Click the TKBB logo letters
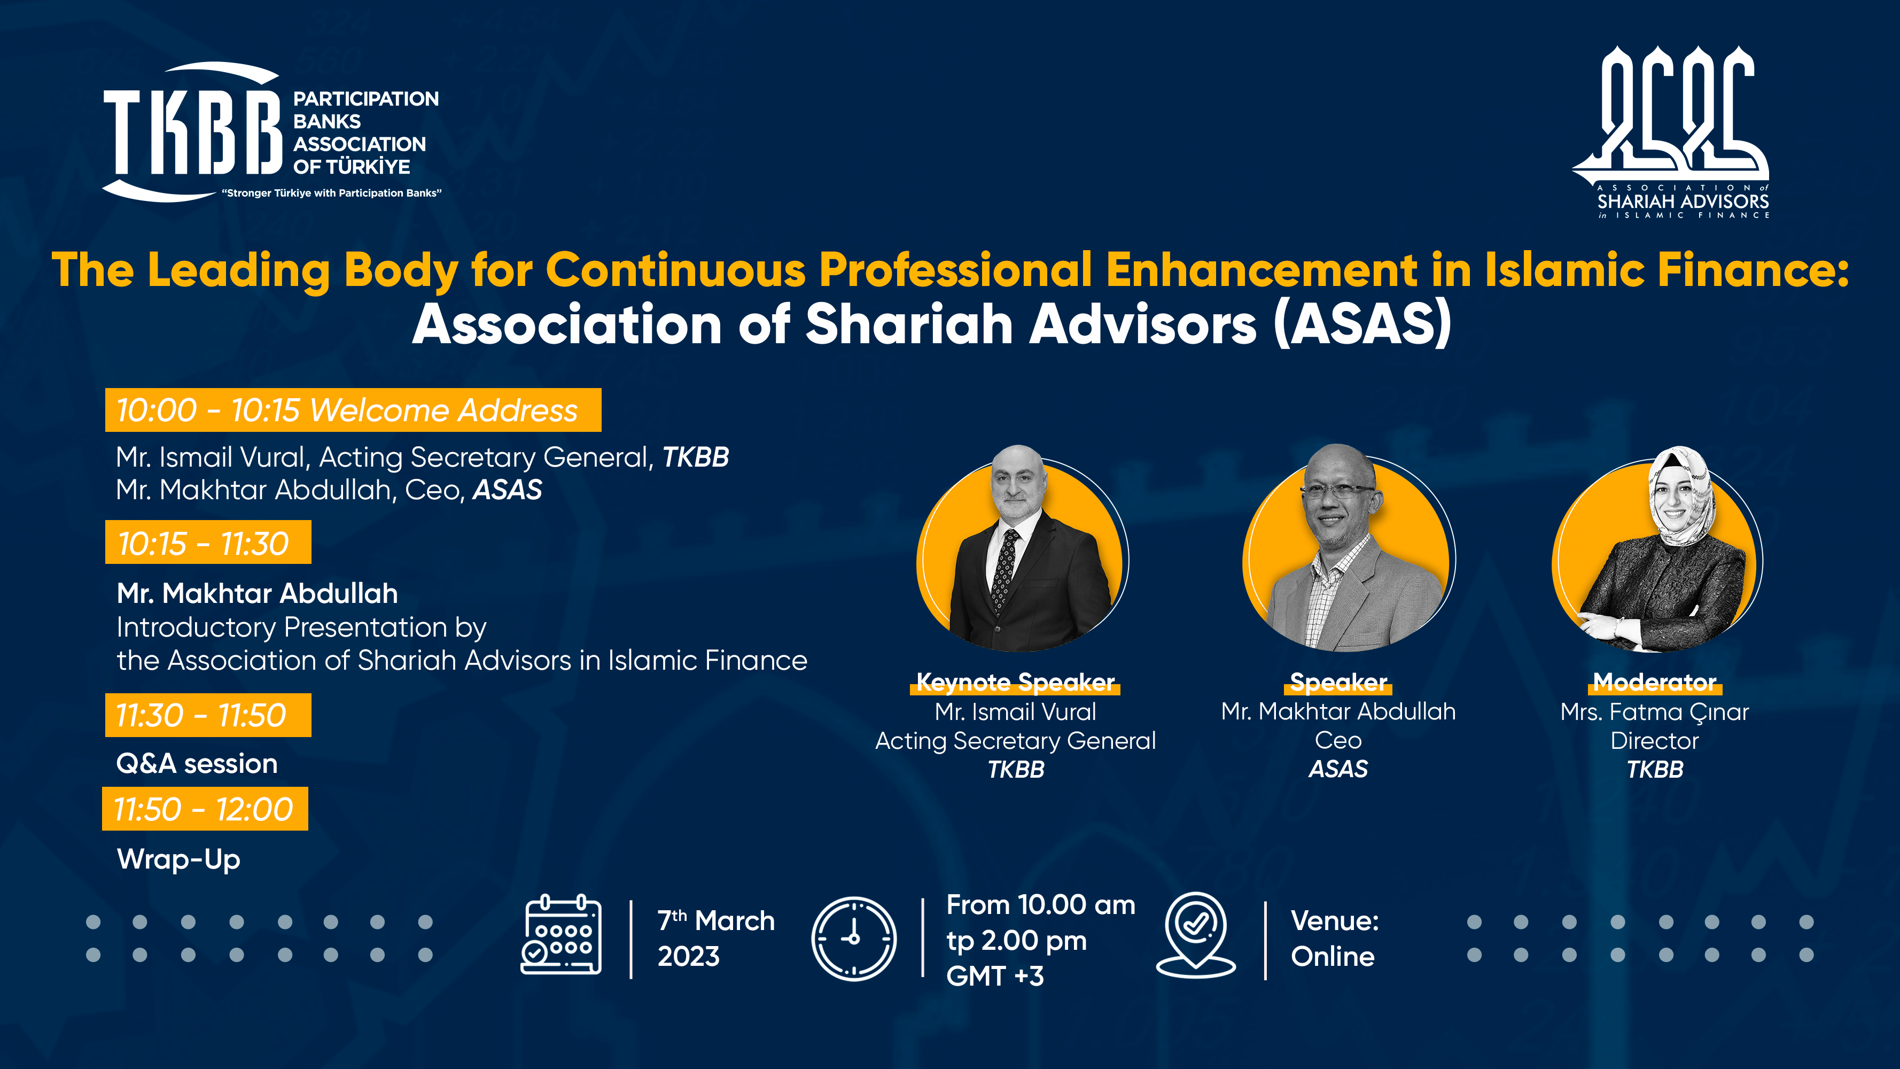tap(193, 131)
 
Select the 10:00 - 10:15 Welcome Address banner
tap(353, 409)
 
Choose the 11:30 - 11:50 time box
tap(208, 715)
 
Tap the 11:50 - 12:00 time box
tap(205, 809)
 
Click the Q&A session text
tap(197, 764)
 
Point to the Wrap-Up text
tap(178, 859)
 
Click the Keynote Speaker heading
tap(1015, 683)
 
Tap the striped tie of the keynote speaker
tap(1004, 569)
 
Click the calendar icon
tap(562, 935)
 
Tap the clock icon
tap(854, 939)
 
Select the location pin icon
tap(1196, 935)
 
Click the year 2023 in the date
tap(688, 957)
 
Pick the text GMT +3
tap(995, 976)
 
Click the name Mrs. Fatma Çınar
tap(1654, 712)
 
